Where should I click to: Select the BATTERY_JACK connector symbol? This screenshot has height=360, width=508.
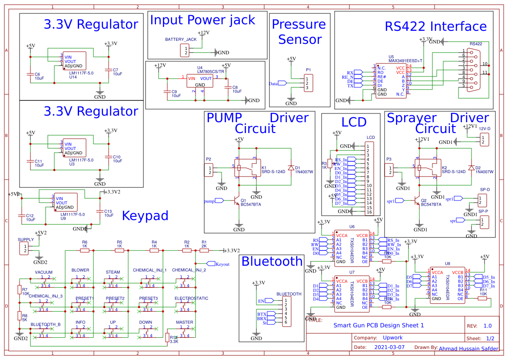[186, 50]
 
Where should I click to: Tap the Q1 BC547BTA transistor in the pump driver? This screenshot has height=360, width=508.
[237, 201]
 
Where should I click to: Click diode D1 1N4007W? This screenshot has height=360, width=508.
[291, 168]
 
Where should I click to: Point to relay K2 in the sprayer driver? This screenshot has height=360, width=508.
[428, 168]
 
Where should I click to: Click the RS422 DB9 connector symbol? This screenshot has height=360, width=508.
[475, 69]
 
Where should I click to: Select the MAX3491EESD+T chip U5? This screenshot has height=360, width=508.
[391, 80]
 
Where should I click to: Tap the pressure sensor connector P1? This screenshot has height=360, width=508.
[308, 83]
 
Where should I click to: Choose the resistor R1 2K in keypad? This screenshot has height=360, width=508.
[204, 250]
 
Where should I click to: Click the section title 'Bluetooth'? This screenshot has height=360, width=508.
[272, 261]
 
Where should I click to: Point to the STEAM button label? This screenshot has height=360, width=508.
[113, 272]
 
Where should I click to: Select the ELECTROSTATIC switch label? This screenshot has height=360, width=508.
[191, 298]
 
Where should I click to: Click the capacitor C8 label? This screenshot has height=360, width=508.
[235, 87]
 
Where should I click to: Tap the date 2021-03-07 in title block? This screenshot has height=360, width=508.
[389, 347]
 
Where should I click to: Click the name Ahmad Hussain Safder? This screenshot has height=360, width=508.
[469, 349]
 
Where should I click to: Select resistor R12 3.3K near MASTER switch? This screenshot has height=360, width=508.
[167, 337]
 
